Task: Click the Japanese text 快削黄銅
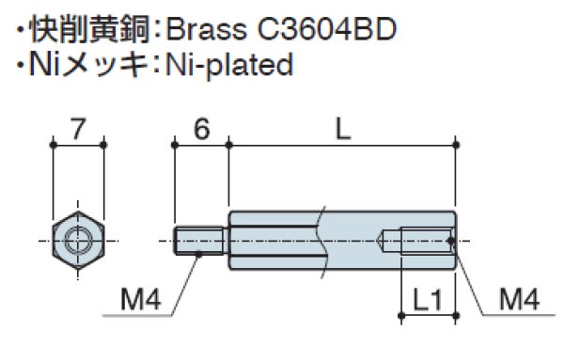pos(88,28)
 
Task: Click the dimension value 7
pos(77,128)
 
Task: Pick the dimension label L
pos(342,130)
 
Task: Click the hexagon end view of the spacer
pos(77,242)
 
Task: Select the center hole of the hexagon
pos(77,242)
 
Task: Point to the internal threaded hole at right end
pos(423,242)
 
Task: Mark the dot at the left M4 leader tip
pos(199,255)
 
